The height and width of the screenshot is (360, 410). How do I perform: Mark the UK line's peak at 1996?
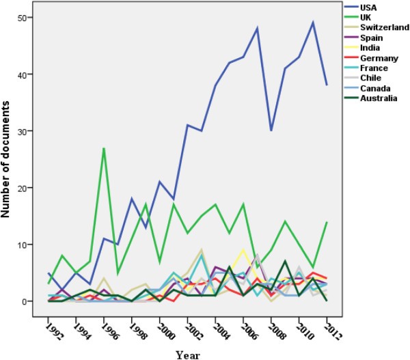coord(102,148)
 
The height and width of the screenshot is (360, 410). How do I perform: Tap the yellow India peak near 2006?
coord(243,250)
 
